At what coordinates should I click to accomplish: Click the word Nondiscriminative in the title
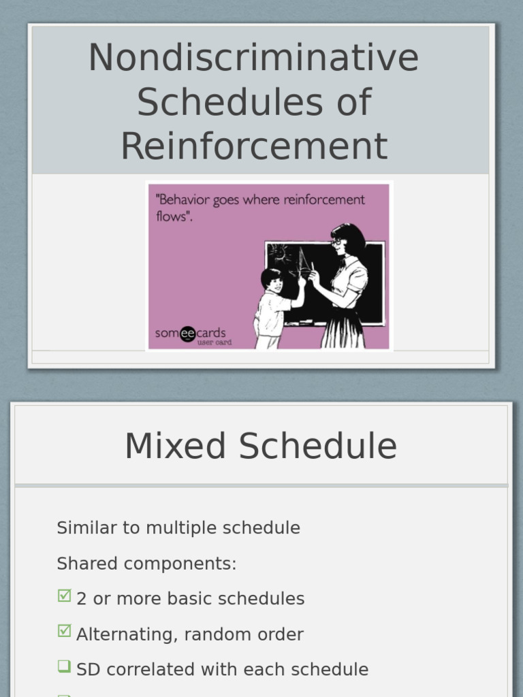[253, 57]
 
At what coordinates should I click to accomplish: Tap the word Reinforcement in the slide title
[254, 146]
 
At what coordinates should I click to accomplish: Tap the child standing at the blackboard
[272, 306]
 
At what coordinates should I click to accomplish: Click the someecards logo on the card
[191, 334]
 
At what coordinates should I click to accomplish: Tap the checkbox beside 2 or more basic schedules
[64, 596]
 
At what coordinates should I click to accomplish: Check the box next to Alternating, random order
[64, 632]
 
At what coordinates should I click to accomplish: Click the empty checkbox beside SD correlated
[64, 667]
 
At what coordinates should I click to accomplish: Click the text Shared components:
[146, 564]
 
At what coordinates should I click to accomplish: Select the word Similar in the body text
[84, 528]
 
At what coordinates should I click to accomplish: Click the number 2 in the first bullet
[82, 599]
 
